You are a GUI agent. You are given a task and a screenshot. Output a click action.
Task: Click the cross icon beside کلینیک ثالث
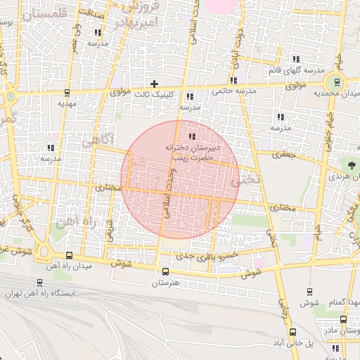155,84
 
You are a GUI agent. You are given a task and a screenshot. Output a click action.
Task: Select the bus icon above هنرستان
165,271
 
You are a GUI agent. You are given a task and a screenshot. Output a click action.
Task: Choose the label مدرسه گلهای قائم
295,71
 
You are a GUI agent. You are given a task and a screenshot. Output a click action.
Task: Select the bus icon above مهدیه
67,92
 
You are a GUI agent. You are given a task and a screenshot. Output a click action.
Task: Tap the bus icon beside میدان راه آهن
69,256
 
